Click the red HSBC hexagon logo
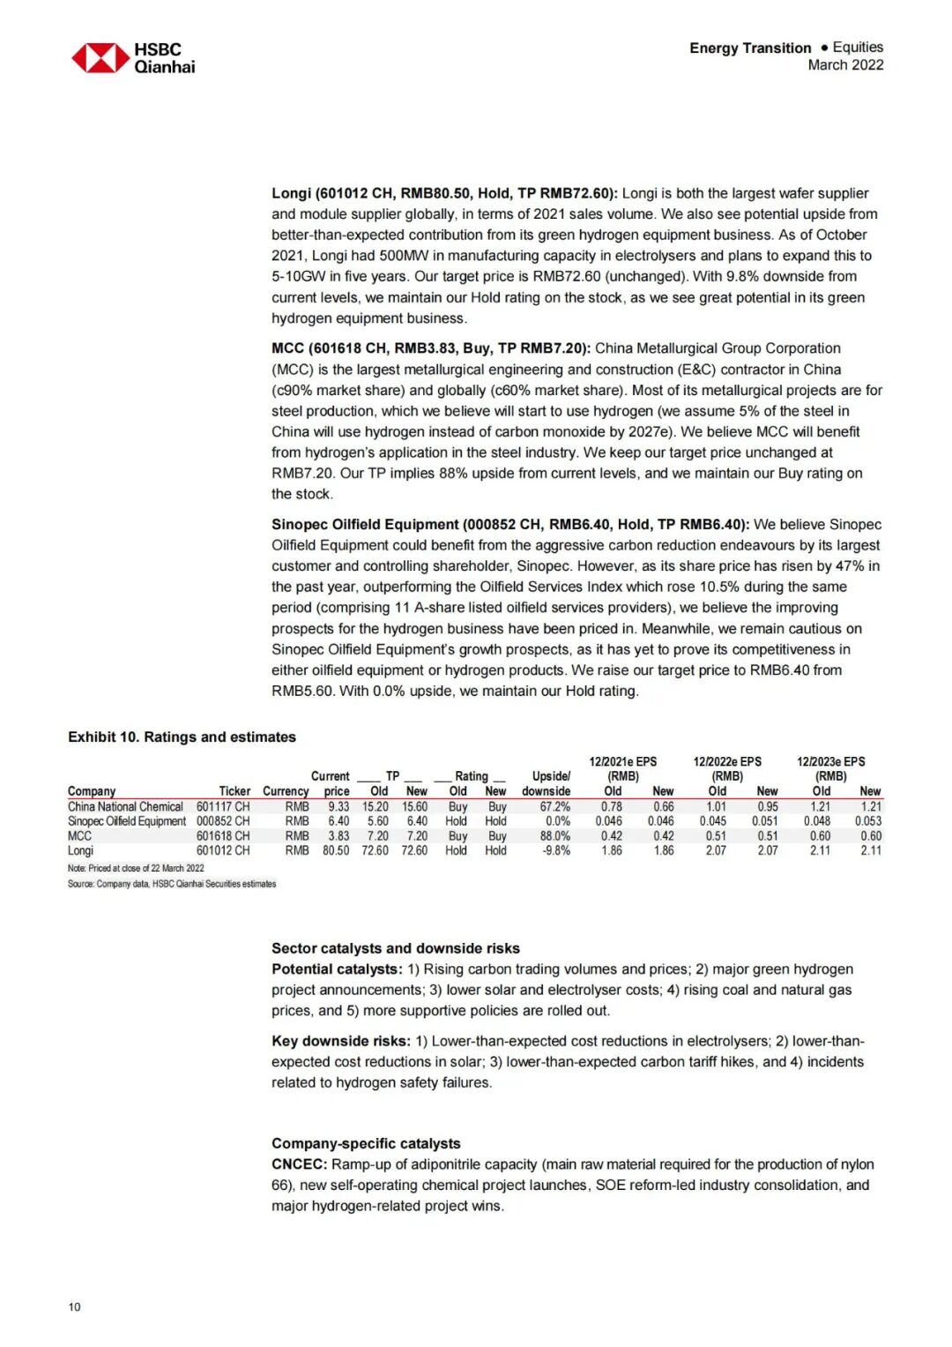[x=100, y=58]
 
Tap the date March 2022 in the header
[x=845, y=65]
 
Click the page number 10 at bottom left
[x=74, y=1306]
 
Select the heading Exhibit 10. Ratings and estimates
[x=182, y=737]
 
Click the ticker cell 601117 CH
[x=222, y=806]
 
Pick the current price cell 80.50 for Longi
[x=336, y=850]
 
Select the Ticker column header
[x=234, y=791]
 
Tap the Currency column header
[x=286, y=791]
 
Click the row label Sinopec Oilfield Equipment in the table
[x=127, y=821]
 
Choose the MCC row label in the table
[x=79, y=836]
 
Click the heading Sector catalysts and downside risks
[x=395, y=948]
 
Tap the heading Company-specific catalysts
[x=366, y=1143]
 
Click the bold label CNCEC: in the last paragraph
[x=299, y=1164]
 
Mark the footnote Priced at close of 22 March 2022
[x=136, y=868]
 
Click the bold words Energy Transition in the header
[x=750, y=48]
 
